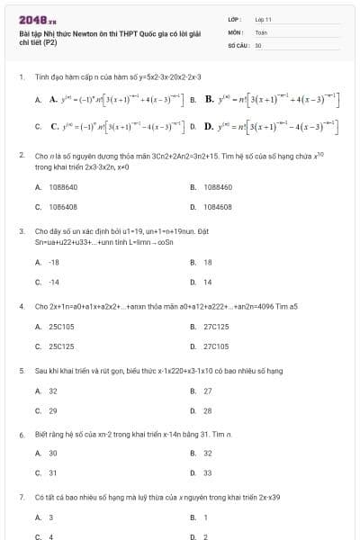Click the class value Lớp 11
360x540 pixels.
(x=263, y=19)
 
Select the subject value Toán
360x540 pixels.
(x=261, y=31)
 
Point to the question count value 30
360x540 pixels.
(x=258, y=44)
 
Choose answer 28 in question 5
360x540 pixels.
(x=208, y=410)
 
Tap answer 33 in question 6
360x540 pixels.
(x=208, y=472)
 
